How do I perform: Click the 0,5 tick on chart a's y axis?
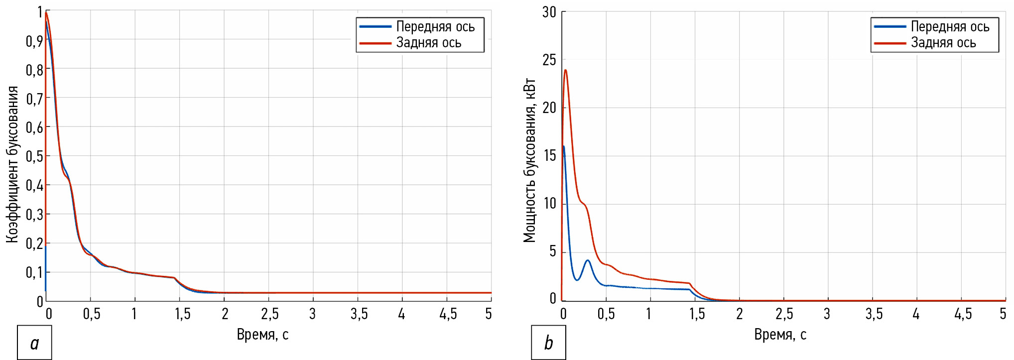34,156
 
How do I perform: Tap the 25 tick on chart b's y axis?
549,60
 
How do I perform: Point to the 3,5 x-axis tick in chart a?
359,314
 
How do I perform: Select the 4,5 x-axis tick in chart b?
963,314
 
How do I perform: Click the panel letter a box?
34,343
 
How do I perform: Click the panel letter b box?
548,343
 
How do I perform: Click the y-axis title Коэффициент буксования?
12,164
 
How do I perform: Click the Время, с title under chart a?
262,335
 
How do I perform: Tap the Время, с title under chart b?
780,335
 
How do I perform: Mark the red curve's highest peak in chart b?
565,70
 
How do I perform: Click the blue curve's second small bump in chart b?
588,260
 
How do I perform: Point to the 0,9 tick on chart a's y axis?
34,41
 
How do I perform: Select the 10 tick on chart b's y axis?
549,204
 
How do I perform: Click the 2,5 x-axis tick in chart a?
269,314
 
